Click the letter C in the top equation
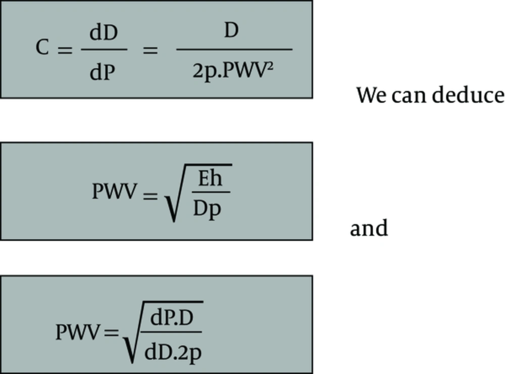pos(42,48)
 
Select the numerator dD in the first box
pos(104,32)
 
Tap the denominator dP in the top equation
pos(102,72)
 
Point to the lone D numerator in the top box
pos(231,30)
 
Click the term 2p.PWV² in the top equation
pos(233,71)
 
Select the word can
pos(409,97)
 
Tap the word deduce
pos(468,95)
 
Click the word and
pos(369,227)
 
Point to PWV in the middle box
pos(114,191)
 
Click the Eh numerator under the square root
pos(210,178)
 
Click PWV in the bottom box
pos(78,332)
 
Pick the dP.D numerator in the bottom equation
pos(172,318)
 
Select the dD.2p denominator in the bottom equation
pos(173,353)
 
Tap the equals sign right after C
pos(65,50)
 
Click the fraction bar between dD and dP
pos(104,50)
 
